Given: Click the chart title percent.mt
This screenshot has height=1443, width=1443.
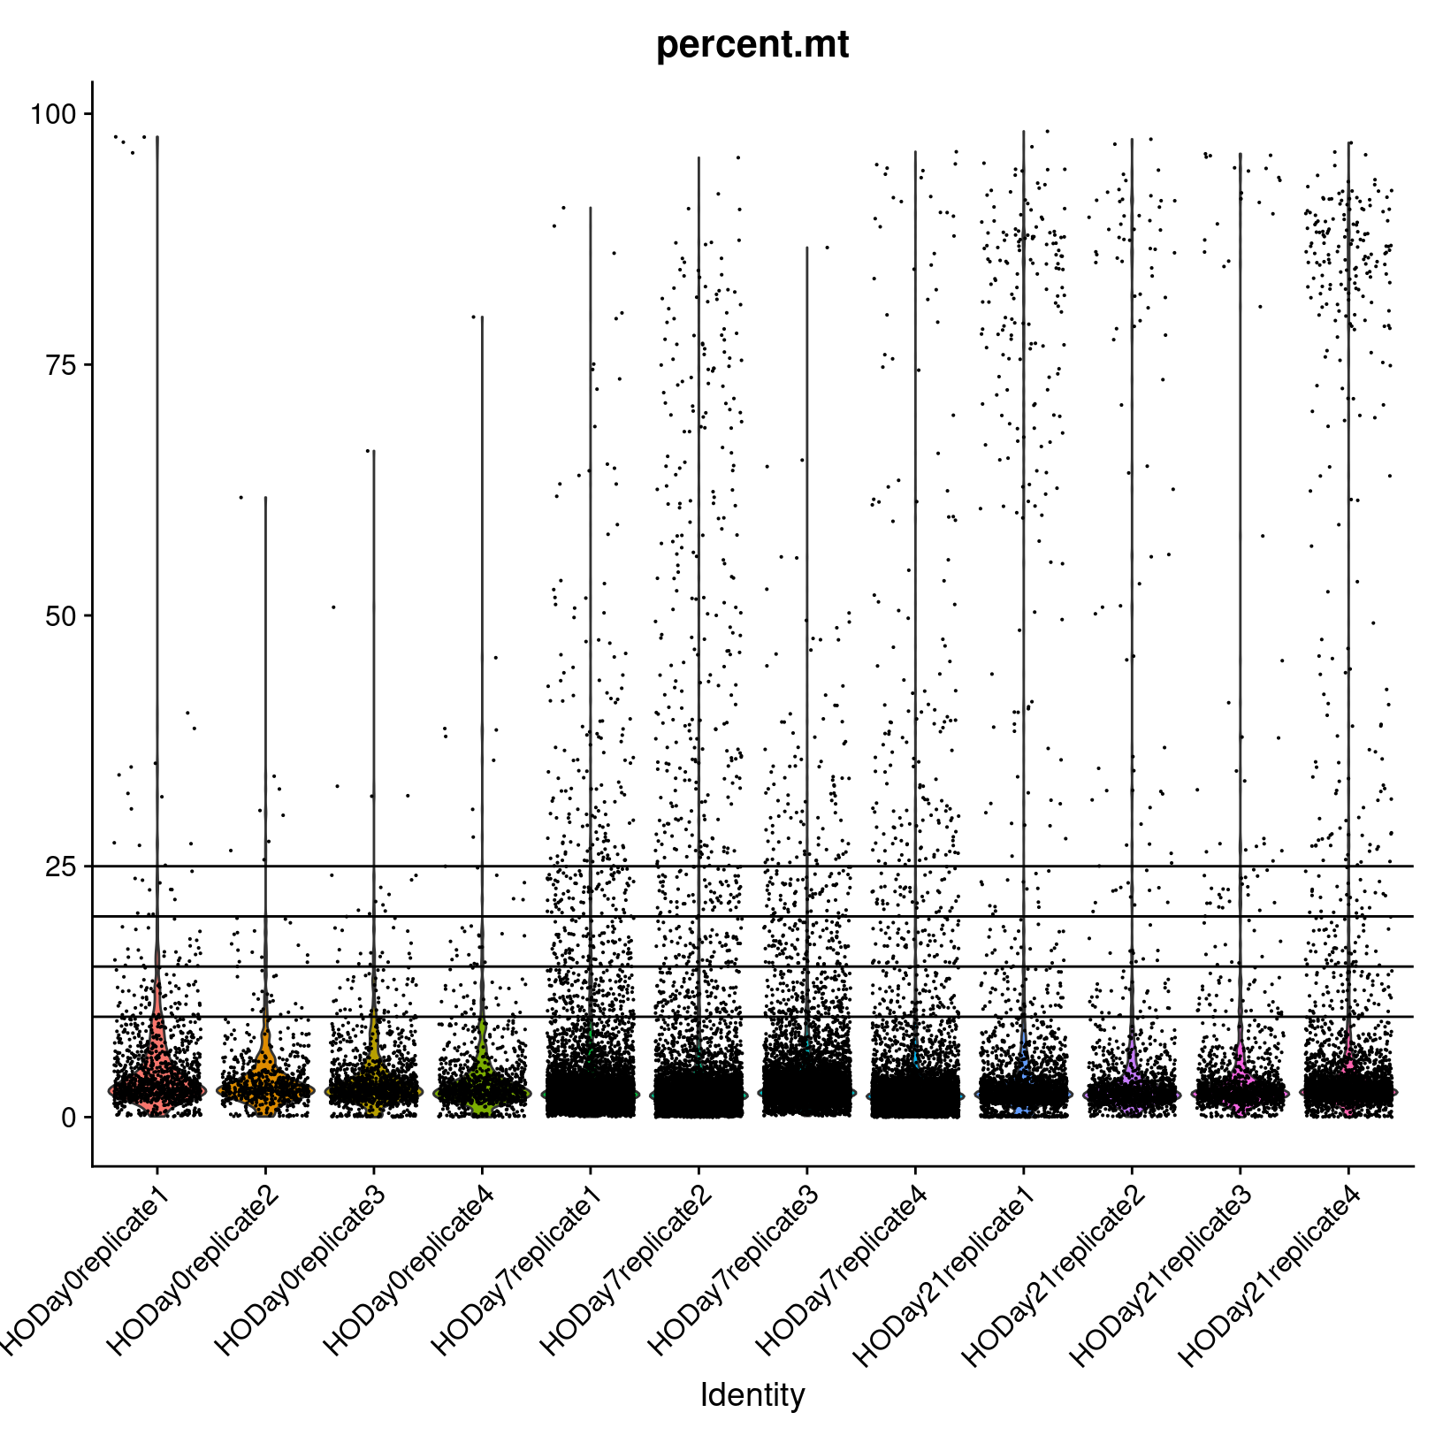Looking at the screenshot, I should [x=752, y=45].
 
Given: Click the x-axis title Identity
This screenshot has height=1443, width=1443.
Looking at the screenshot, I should [x=752, y=1394].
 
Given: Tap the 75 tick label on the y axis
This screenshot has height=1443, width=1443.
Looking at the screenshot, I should [x=61, y=365].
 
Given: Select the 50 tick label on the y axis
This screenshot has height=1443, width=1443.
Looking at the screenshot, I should [x=61, y=616].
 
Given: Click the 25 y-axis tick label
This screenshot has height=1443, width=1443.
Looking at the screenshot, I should [x=61, y=867].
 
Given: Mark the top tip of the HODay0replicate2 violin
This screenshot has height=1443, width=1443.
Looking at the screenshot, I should [x=265, y=498].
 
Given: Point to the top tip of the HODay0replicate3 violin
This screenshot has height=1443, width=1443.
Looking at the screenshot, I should [x=373, y=451].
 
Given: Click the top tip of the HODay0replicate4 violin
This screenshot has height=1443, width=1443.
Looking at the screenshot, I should [x=482, y=317].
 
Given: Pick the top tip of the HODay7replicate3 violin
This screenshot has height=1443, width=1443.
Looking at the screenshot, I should [x=806, y=248].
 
